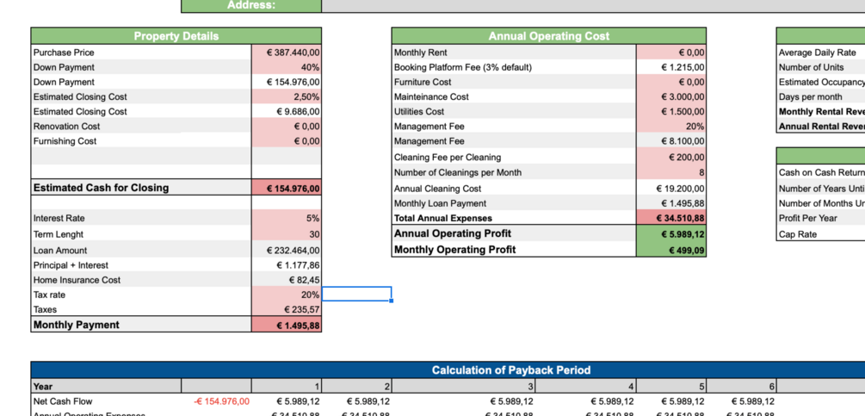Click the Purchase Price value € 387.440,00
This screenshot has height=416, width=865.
pos(287,53)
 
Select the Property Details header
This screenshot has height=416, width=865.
pos(176,36)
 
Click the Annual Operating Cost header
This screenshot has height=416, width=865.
pos(548,36)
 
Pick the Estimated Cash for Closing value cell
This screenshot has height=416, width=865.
pos(287,189)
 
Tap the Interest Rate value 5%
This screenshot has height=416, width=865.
pos(287,219)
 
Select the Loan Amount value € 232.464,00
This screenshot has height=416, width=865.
pos(287,251)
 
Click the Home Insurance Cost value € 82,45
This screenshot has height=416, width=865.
pos(287,280)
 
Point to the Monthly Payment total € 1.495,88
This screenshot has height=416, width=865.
pos(287,326)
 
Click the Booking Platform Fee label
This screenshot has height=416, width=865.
pos(462,67)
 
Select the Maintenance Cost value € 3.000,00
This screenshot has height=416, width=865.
pos(671,97)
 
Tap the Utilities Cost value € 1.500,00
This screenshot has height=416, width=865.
pos(671,112)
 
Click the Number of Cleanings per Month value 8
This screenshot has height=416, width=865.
pos(671,172)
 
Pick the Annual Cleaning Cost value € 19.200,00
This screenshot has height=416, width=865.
pos(671,189)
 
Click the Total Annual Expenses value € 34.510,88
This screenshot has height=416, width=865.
pos(671,219)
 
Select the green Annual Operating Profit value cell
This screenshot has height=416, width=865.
pos(671,234)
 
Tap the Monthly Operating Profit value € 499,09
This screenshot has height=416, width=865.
pos(671,251)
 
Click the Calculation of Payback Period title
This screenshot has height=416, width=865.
pos(510,370)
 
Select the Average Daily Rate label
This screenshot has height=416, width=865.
pos(817,53)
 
